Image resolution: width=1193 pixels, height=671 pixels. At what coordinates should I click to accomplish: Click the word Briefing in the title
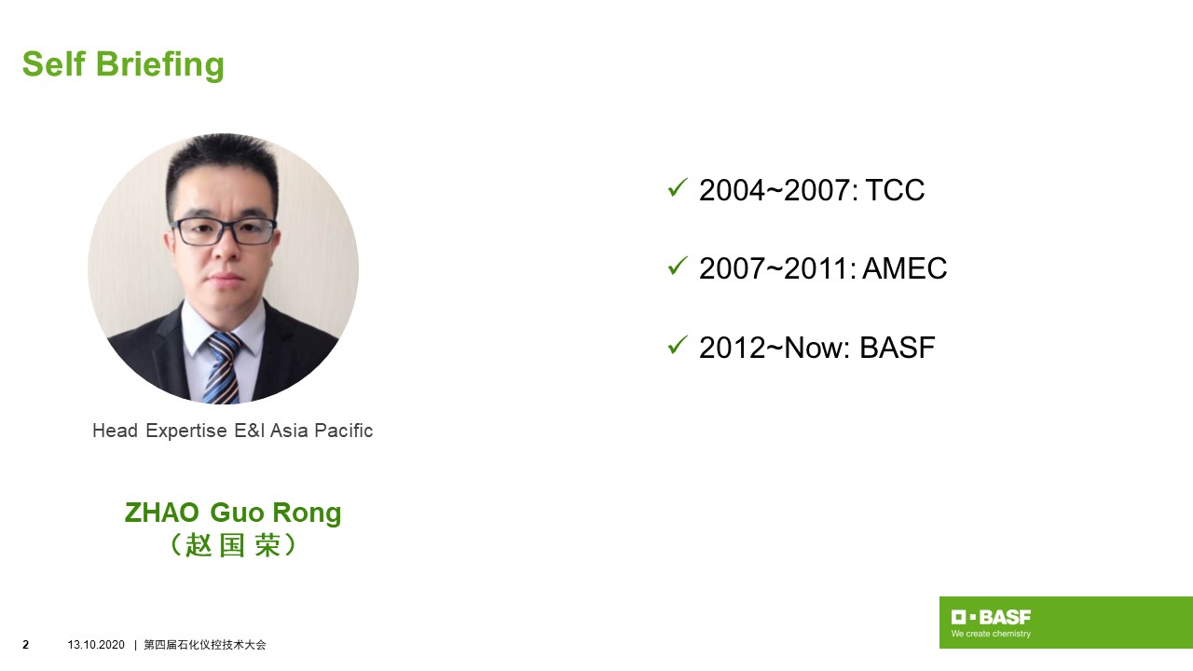point(159,65)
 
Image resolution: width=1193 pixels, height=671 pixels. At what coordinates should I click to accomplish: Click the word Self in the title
point(53,64)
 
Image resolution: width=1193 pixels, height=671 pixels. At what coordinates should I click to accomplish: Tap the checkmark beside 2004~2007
point(678,188)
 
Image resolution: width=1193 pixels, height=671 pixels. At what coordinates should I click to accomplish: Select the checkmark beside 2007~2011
point(678,267)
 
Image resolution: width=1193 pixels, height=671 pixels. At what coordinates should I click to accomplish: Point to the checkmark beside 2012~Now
point(678,345)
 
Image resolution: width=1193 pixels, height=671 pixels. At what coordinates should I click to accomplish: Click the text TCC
point(895,190)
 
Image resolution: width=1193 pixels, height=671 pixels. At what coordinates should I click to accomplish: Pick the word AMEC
point(904,268)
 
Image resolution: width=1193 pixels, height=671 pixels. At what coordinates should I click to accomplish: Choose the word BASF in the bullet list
point(898,348)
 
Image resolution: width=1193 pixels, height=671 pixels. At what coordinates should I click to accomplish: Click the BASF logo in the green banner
point(991,617)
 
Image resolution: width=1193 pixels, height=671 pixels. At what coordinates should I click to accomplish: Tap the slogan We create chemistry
point(991,634)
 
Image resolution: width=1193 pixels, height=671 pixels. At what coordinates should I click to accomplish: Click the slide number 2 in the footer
point(25,645)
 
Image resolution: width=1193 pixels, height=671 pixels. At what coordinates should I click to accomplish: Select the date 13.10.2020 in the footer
point(96,645)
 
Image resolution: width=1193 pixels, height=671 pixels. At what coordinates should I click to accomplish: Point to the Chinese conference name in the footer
point(205,645)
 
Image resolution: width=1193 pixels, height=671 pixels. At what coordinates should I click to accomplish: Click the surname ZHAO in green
point(162,513)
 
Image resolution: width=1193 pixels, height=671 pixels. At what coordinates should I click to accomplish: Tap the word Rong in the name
point(307,514)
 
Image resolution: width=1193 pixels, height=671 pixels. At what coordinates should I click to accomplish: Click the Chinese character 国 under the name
point(232,545)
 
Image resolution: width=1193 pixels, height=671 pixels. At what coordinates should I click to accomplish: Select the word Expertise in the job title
point(186,431)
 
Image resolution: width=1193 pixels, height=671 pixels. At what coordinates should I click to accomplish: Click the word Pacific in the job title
point(344,431)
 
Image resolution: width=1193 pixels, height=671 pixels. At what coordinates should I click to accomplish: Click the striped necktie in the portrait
point(223,367)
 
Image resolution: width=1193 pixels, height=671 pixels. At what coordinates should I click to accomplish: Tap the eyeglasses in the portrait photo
point(225,231)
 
